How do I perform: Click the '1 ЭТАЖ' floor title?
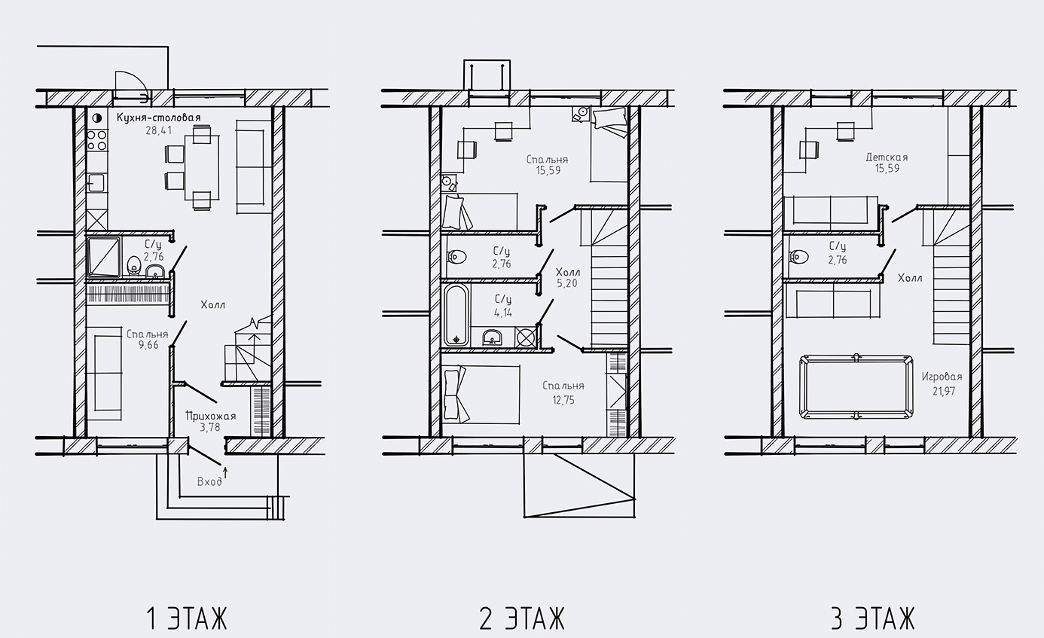click(186, 619)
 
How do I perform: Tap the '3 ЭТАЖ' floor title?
click(872, 619)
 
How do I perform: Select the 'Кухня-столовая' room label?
click(158, 118)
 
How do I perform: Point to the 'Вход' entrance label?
click(209, 481)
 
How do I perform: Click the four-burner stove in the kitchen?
click(97, 140)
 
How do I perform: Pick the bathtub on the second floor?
click(456, 315)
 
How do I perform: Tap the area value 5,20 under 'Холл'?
click(566, 285)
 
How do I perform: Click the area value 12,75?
click(563, 400)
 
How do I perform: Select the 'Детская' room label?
click(887, 157)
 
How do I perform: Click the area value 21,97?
click(942, 390)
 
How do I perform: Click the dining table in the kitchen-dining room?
click(201, 166)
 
